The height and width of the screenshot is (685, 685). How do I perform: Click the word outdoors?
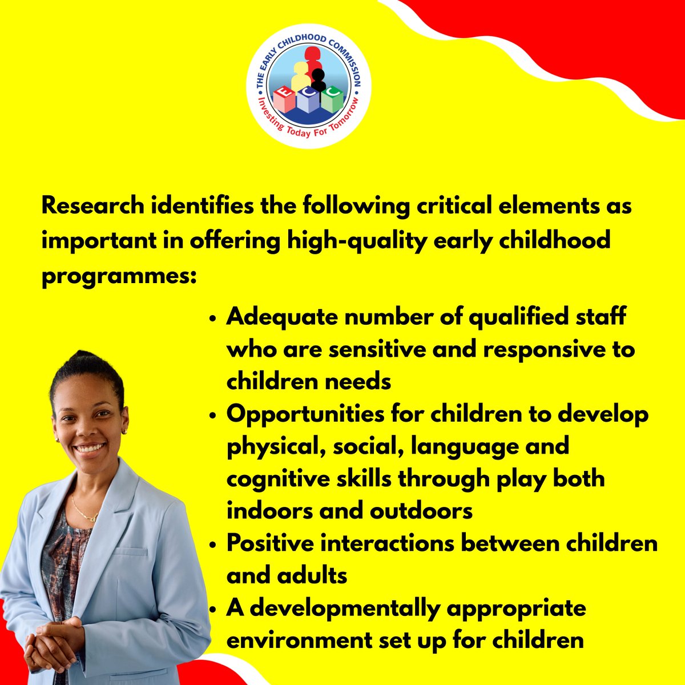[x=421, y=511]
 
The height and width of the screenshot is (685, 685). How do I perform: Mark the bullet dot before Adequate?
[x=213, y=319]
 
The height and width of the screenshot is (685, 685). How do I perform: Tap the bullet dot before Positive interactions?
[x=213, y=545]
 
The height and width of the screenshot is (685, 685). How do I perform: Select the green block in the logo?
[x=332, y=100]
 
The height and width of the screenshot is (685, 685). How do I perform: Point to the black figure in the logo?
[x=319, y=79]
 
